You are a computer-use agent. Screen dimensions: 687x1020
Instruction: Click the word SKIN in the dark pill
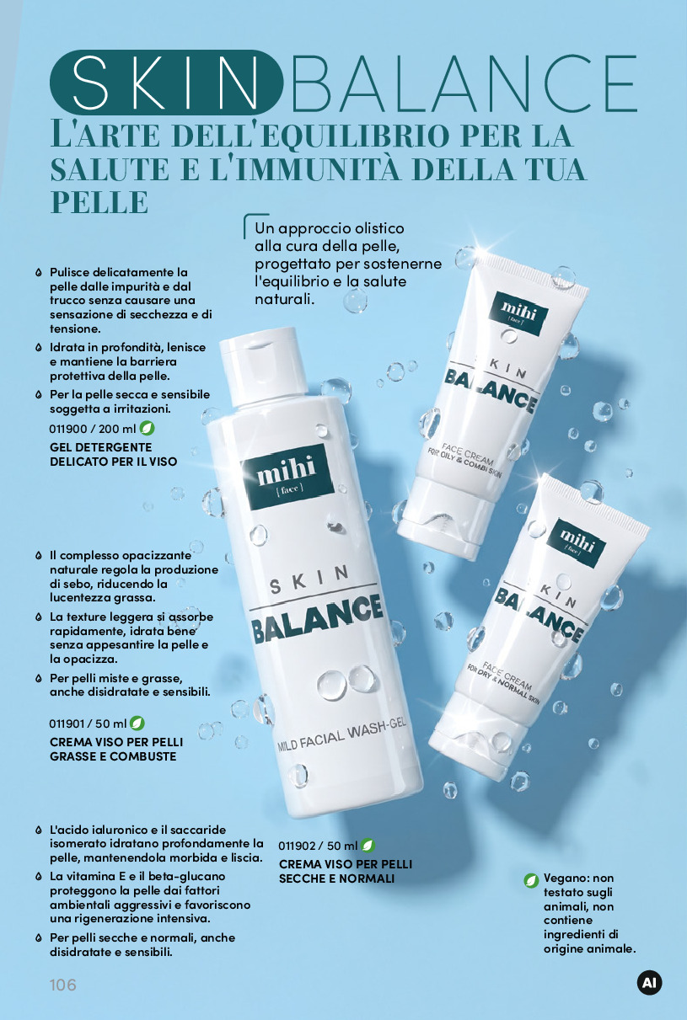(164, 83)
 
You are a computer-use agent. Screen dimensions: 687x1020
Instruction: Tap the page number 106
(63, 985)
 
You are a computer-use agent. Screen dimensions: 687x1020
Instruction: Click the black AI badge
(649, 983)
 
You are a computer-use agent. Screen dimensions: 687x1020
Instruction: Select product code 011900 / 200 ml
(93, 429)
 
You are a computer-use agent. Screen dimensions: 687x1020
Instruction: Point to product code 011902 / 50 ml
(318, 846)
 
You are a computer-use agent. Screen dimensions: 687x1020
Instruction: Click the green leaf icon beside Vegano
(531, 880)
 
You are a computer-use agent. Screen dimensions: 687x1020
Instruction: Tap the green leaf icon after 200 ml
(147, 428)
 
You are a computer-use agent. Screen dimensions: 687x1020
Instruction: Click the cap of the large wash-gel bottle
(264, 366)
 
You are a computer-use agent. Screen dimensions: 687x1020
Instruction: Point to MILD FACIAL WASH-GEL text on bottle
(341, 735)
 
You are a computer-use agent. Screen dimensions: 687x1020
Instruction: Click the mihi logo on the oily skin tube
(519, 313)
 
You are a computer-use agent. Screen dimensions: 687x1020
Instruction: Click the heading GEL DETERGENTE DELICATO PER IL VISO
(113, 454)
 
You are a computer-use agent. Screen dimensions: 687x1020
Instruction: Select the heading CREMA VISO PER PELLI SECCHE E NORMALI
(346, 871)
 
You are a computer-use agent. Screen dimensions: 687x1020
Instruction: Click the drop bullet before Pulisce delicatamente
(39, 272)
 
